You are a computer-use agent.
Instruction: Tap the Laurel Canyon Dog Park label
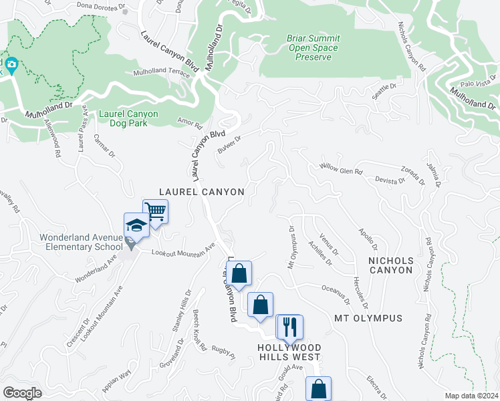128,118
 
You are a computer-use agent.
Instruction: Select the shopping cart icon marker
155,213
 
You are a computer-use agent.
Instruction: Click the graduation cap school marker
136,225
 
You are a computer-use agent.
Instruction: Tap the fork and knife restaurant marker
289,327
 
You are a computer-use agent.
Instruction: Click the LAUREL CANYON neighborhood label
202,192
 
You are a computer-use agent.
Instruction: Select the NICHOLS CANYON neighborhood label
391,265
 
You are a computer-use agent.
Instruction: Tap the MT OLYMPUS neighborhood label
368,318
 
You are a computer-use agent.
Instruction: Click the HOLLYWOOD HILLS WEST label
290,353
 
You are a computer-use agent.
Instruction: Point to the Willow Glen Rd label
340,168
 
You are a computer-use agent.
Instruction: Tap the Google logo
22,393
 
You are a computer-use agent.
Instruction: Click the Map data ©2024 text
471,395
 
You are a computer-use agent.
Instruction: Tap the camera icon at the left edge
11,65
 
